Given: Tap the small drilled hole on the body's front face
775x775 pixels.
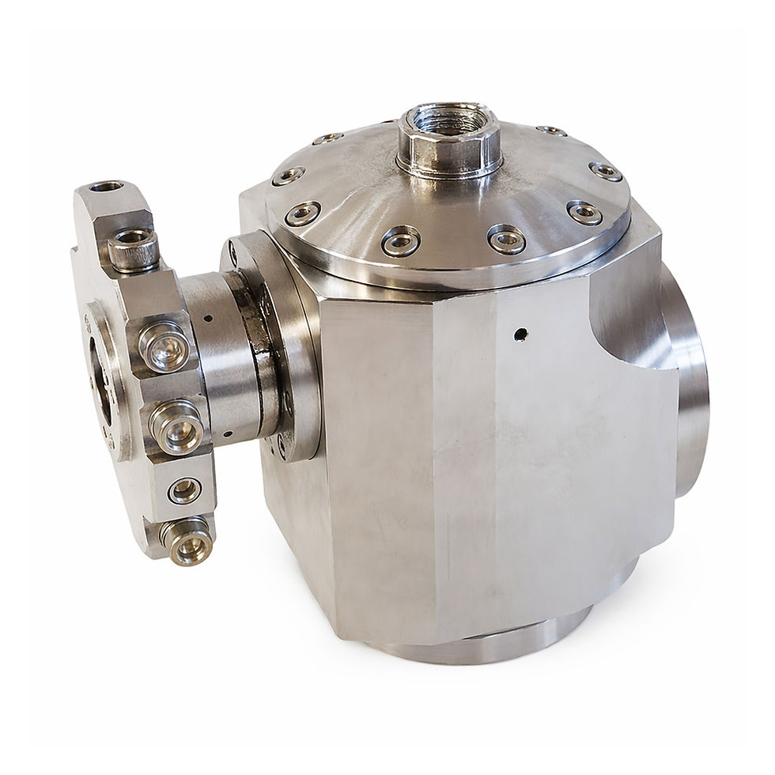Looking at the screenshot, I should [519, 335].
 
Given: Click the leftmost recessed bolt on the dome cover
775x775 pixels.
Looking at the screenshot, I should [287, 176].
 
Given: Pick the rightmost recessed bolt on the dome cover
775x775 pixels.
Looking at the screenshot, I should [605, 171].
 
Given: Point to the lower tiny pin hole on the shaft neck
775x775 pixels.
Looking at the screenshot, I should [226, 434].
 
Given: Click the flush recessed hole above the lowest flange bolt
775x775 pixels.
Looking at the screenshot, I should [183, 490].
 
